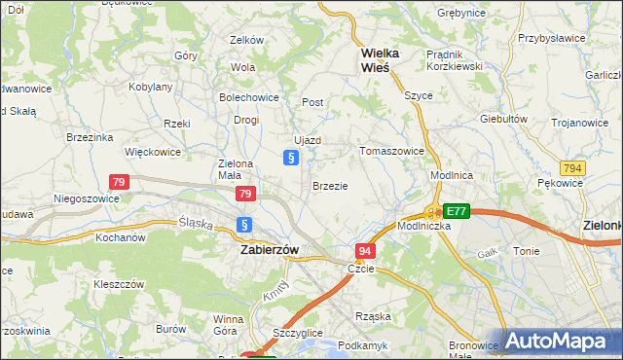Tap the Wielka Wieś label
tap(375, 60)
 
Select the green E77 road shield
tap(456, 211)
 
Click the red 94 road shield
tap(364, 251)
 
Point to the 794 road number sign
tap(572, 168)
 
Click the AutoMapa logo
tap(561, 342)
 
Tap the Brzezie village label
tap(330, 185)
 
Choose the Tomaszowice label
tap(391, 151)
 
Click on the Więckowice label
tap(153, 152)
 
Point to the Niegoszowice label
tap(87, 198)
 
